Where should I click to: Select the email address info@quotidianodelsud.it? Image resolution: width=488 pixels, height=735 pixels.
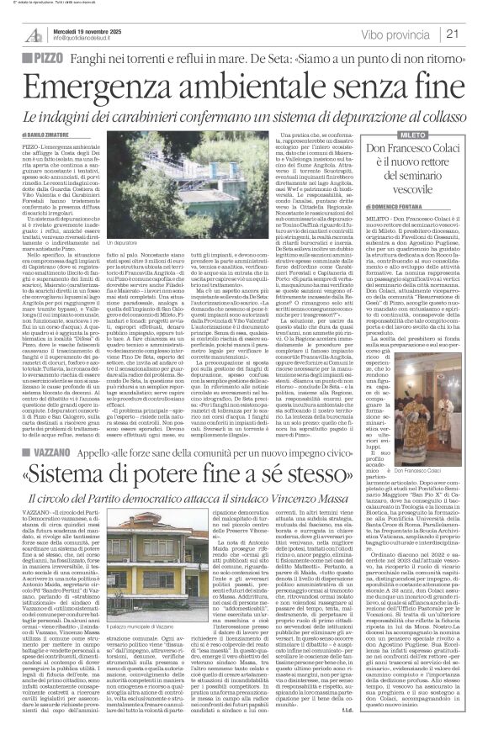82,39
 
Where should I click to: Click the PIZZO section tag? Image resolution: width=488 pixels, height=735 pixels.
36,59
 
